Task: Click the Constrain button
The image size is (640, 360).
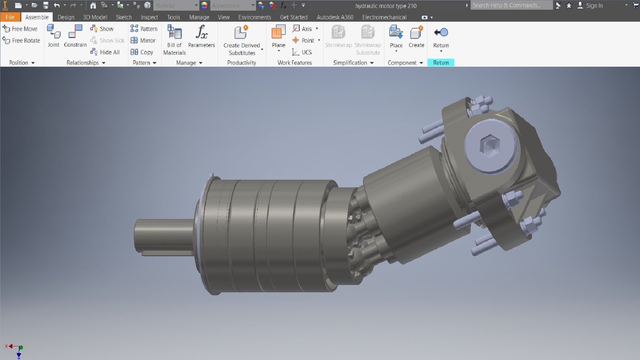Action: pyautogui.click(x=75, y=36)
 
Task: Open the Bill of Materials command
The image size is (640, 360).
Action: pyautogui.click(x=174, y=40)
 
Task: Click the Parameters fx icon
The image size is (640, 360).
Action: pyautogui.click(x=201, y=32)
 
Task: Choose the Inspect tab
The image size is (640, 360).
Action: pyautogui.click(x=149, y=17)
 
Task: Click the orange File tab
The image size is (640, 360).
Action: pyautogui.click(x=10, y=17)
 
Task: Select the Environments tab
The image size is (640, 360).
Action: pyautogui.click(x=254, y=17)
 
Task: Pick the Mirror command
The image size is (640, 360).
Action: pyautogui.click(x=143, y=40)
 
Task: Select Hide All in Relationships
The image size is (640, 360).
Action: pyautogui.click(x=105, y=52)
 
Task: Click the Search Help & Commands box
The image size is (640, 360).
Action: pyautogui.click(x=511, y=5)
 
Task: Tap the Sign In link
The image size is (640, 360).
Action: pyautogui.click(x=594, y=6)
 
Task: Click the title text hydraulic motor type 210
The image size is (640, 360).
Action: pyautogui.click(x=386, y=6)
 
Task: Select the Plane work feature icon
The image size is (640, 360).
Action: pyautogui.click(x=278, y=32)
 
